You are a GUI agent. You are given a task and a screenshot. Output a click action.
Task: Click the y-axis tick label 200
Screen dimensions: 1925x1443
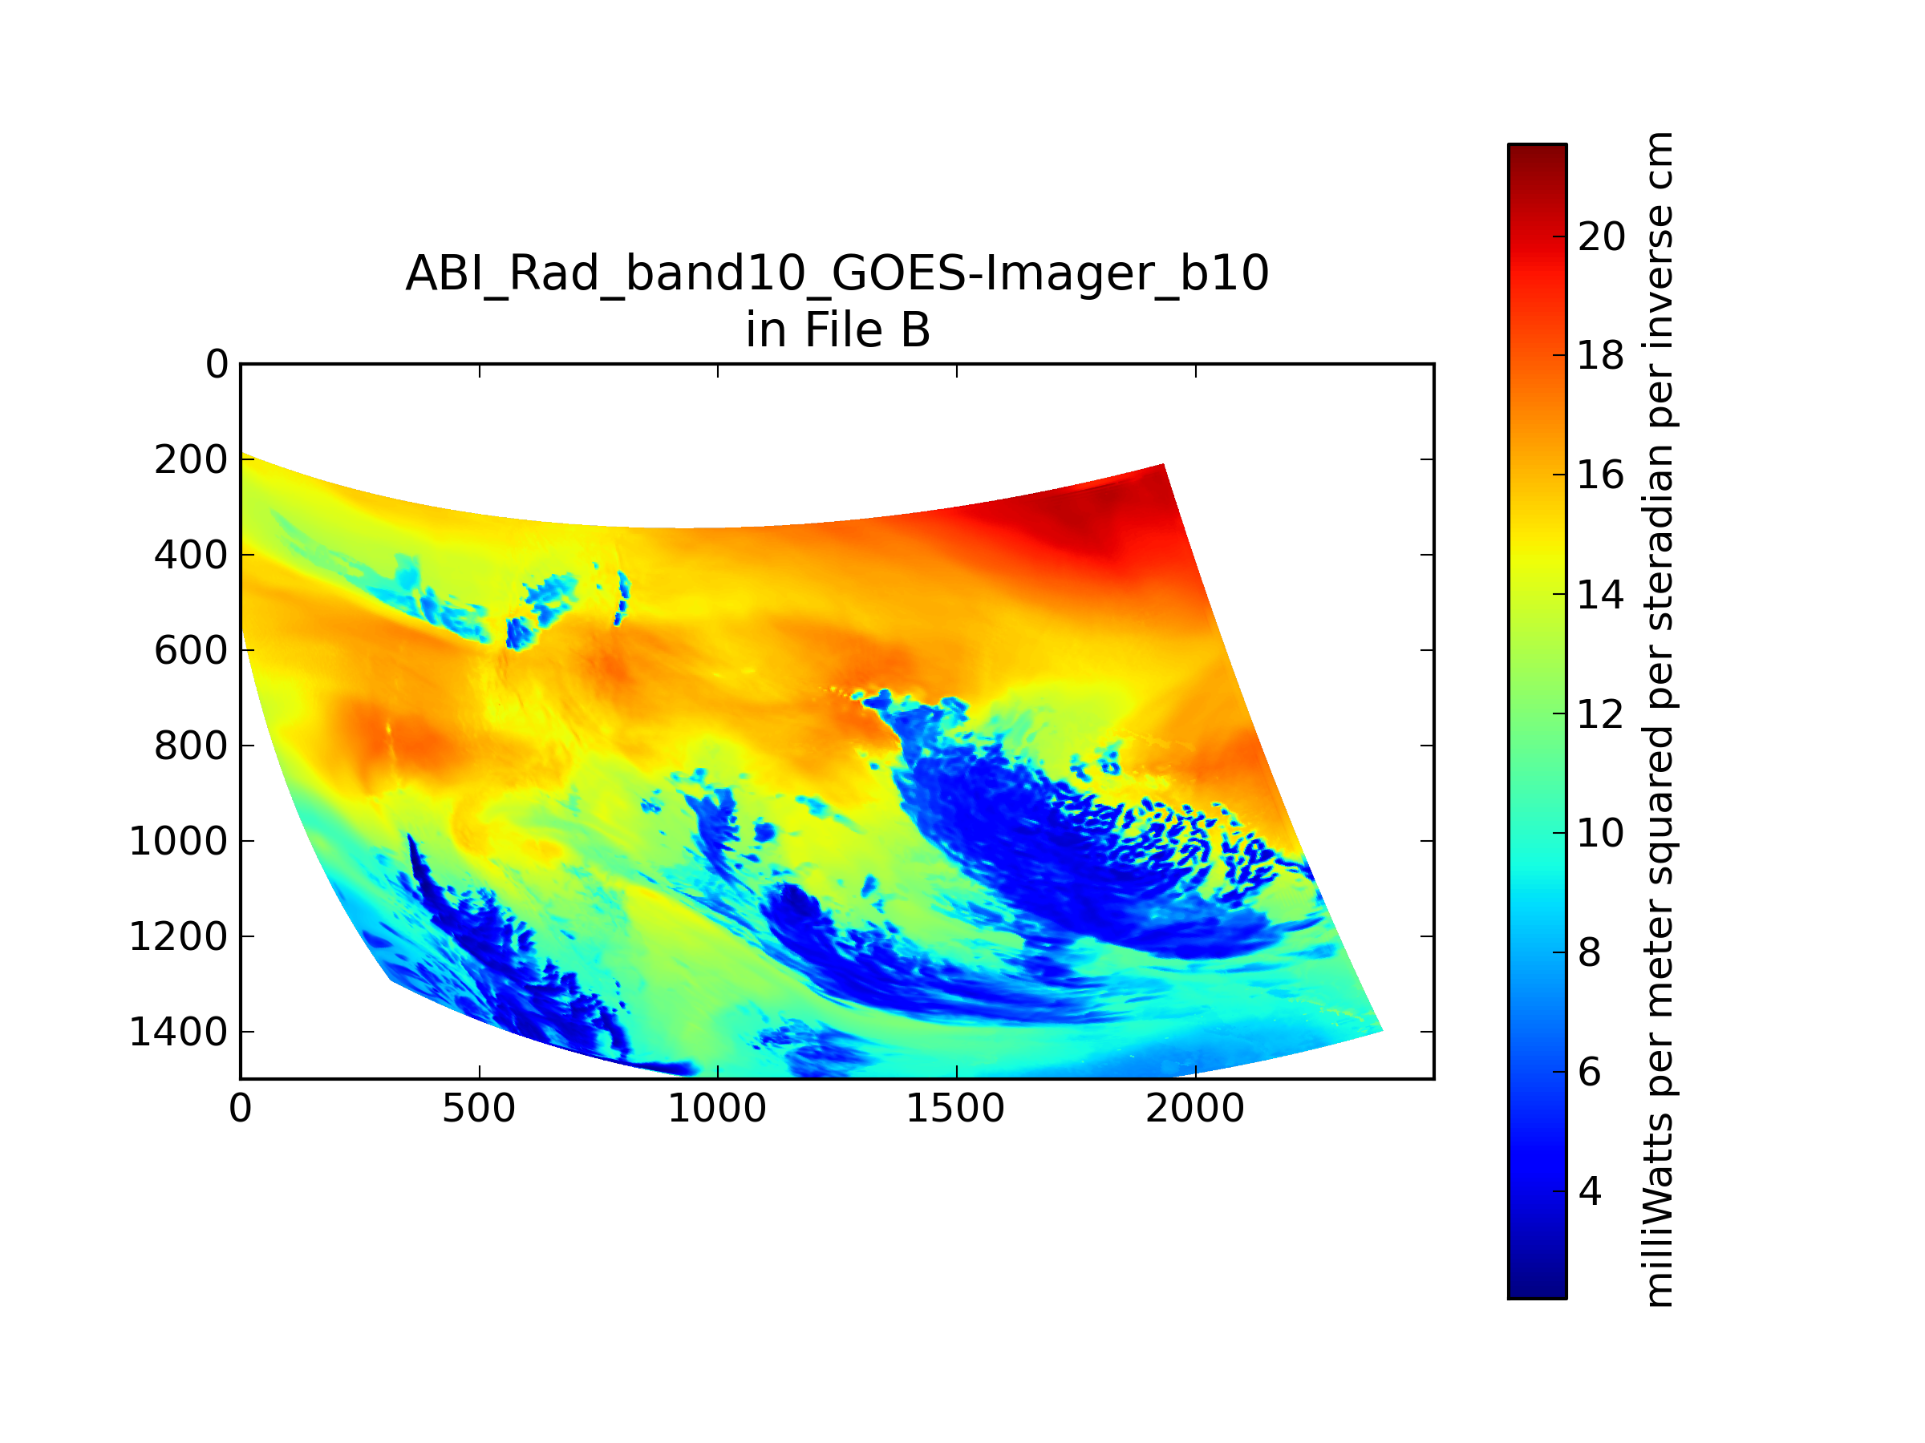192,460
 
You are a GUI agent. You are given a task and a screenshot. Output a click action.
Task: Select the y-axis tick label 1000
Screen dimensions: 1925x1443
180,841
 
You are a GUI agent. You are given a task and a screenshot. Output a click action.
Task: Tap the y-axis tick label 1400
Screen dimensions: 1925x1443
180,1033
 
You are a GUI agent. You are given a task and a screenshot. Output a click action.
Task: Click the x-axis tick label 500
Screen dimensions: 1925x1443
479,1109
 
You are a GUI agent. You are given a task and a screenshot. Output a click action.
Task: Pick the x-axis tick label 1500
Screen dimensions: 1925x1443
955,1109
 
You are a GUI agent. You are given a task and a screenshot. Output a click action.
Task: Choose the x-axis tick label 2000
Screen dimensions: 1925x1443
1195,1109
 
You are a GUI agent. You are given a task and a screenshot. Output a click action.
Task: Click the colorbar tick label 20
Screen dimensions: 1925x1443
1601,236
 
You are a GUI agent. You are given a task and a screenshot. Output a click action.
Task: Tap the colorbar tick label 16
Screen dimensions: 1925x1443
1601,475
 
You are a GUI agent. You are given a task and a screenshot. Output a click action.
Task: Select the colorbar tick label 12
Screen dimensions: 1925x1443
1601,714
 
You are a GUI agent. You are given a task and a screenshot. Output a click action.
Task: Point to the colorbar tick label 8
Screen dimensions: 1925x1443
1590,953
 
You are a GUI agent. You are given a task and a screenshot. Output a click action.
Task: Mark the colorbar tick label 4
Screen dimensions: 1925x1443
1590,1191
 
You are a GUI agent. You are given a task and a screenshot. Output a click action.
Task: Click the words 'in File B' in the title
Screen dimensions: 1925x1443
838,330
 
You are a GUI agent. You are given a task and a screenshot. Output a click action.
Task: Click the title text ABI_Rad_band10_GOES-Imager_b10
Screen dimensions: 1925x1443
837,274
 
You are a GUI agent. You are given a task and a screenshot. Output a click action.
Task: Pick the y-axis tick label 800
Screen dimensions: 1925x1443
192,746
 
